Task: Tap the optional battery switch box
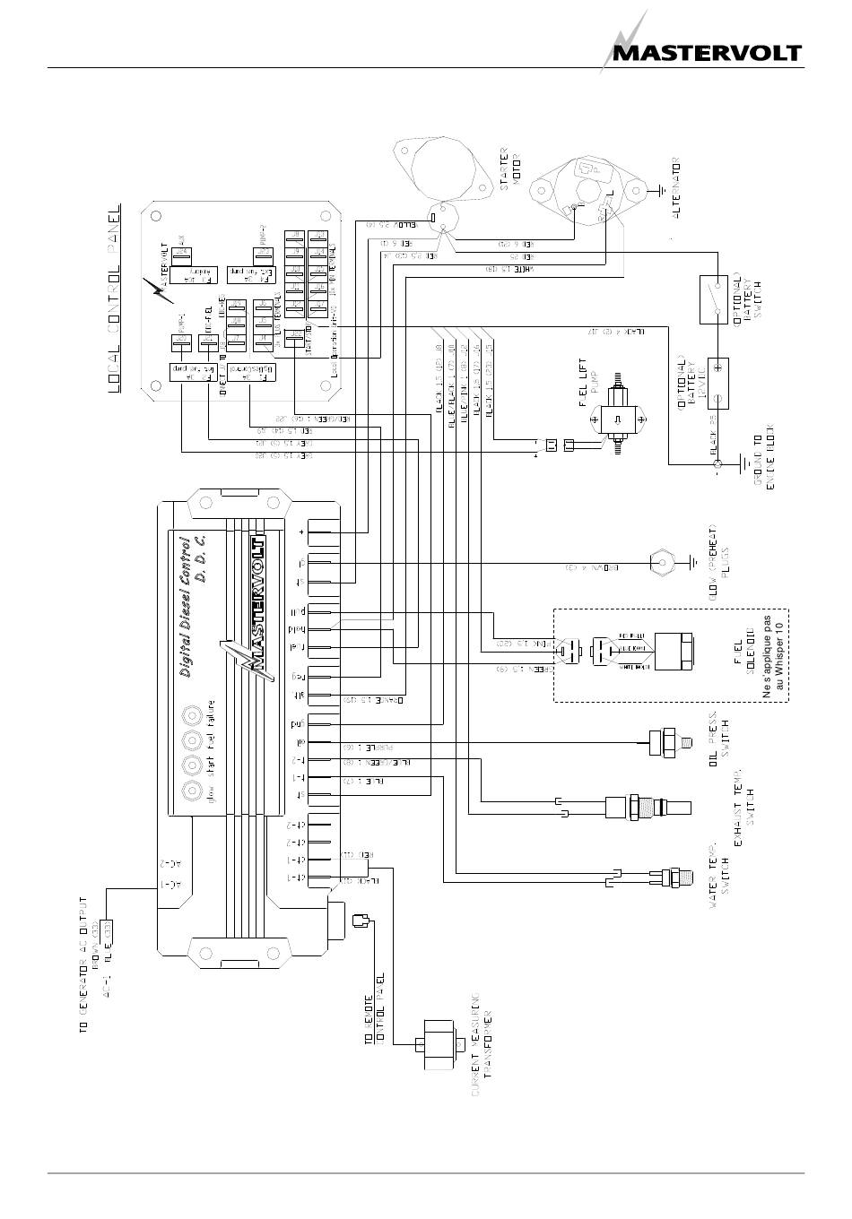(x=717, y=298)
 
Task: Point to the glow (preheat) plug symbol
(x=662, y=562)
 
